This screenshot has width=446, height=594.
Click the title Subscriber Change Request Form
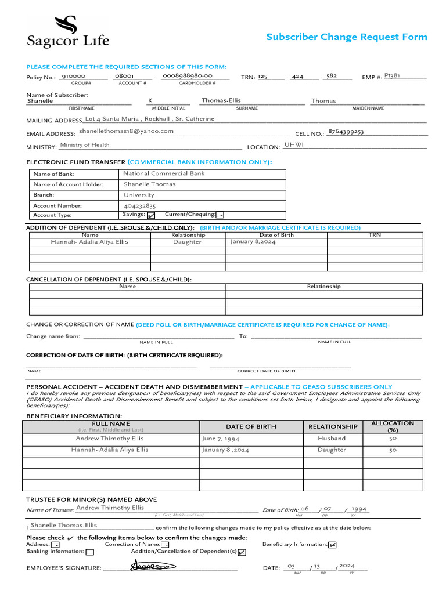pyautogui.click(x=346, y=37)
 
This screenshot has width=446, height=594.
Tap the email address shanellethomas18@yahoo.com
pyautogui.click(x=126, y=131)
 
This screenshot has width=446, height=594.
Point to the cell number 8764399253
pyautogui.click(x=346, y=132)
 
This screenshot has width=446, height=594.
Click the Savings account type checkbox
pyautogui.click(x=151, y=215)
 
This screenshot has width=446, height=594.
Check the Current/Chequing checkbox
pyautogui.click(x=220, y=215)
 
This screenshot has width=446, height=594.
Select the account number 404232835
pyautogui.click(x=139, y=205)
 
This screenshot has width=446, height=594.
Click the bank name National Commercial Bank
pyautogui.click(x=164, y=173)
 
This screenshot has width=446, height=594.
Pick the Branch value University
pyautogui.click(x=139, y=195)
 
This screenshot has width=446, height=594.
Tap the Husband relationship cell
pyautogui.click(x=332, y=439)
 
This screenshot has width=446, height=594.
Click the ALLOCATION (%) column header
pyautogui.click(x=393, y=426)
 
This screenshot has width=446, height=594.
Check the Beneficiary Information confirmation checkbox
pyautogui.click(x=332, y=545)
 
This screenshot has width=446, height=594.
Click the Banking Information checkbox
pyautogui.click(x=89, y=552)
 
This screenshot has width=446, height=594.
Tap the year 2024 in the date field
pyautogui.click(x=347, y=566)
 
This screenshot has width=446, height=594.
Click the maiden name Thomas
pyautogui.click(x=323, y=101)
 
